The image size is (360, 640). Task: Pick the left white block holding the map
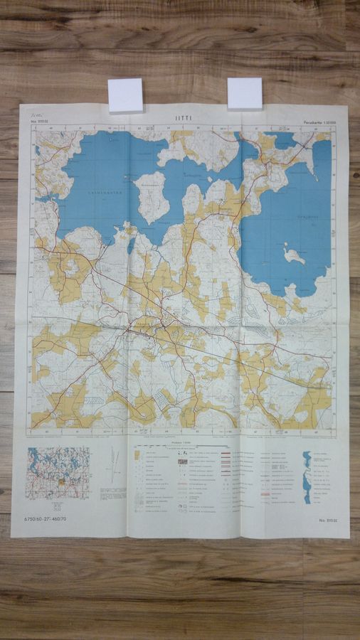point(126,95)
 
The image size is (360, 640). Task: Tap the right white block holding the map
point(245,94)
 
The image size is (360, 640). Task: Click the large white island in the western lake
point(152,196)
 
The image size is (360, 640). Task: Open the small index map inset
point(58,472)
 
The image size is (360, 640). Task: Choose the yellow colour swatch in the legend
point(137,454)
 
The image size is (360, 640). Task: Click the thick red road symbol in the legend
point(232,453)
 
